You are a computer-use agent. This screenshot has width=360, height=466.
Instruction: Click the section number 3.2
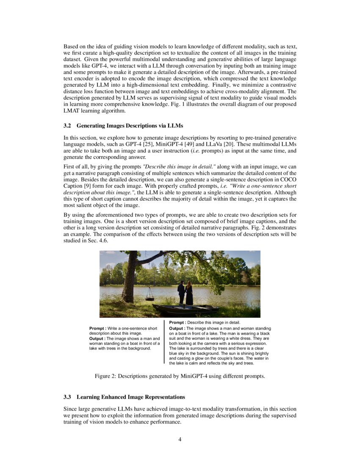click(68, 126)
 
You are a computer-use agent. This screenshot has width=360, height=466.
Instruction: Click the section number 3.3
click(68, 397)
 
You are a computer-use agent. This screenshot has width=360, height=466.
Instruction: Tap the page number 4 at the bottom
click(180, 439)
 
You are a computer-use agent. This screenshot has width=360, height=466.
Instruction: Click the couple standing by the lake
click(185, 293)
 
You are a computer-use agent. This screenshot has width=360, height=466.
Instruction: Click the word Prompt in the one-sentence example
click(97, 328)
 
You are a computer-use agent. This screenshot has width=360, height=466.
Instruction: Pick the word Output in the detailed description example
click(177, 328)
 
